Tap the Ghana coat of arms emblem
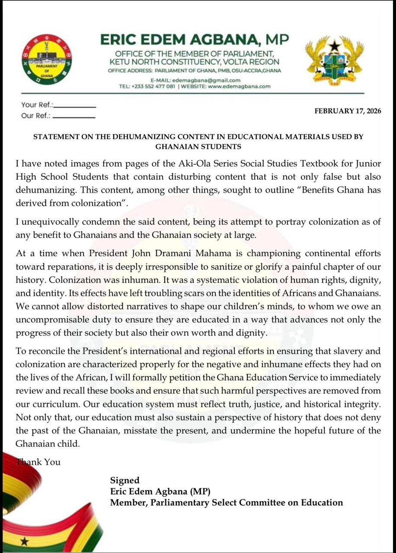tap(334, 59)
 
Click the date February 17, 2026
tap(348, 111)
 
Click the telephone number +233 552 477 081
tap(153, 86)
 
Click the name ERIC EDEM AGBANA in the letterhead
tap(181, 40)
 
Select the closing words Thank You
tap(38, 462)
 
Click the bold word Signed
tap(125, 480)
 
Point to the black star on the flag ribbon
tap(25, 540)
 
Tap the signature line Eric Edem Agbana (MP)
tap(160, 491)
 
